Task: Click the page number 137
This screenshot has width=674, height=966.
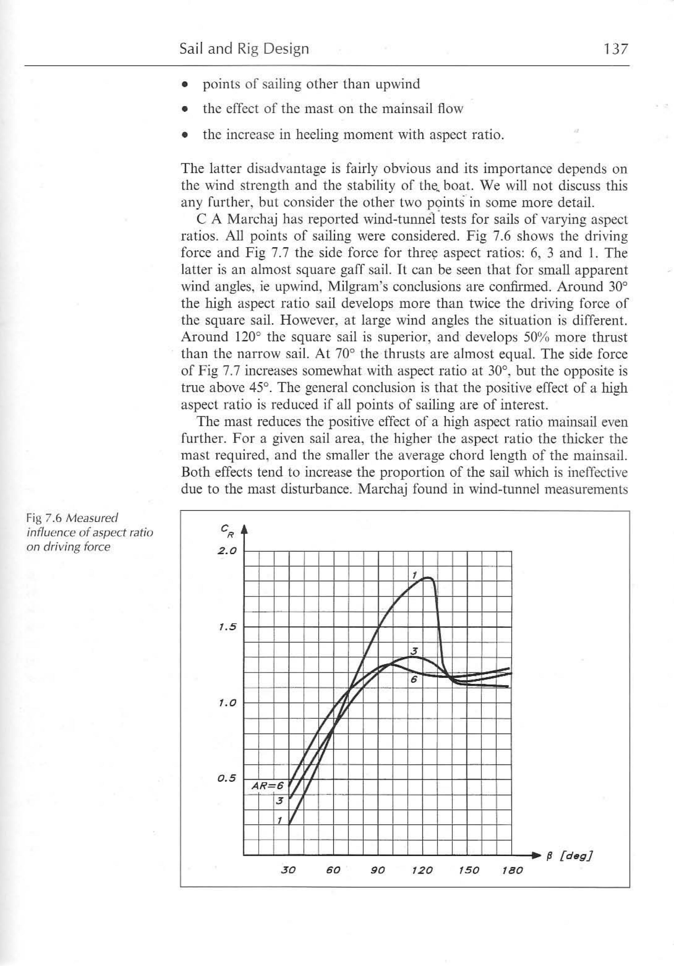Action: (615, 49)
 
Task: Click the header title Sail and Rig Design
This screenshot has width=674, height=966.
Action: (244, 49)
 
